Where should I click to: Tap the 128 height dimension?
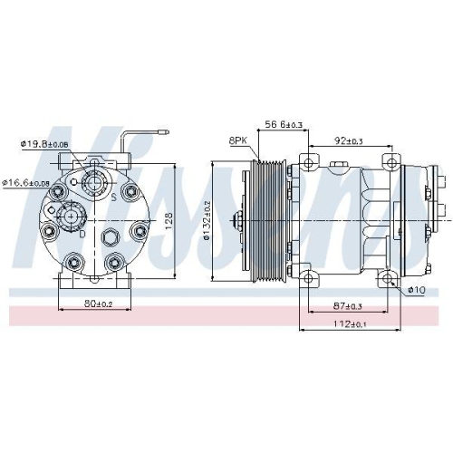170,220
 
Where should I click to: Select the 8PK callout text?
238,141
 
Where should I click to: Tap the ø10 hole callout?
416,289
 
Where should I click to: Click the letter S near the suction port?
112,195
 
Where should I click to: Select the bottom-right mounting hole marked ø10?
391,279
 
